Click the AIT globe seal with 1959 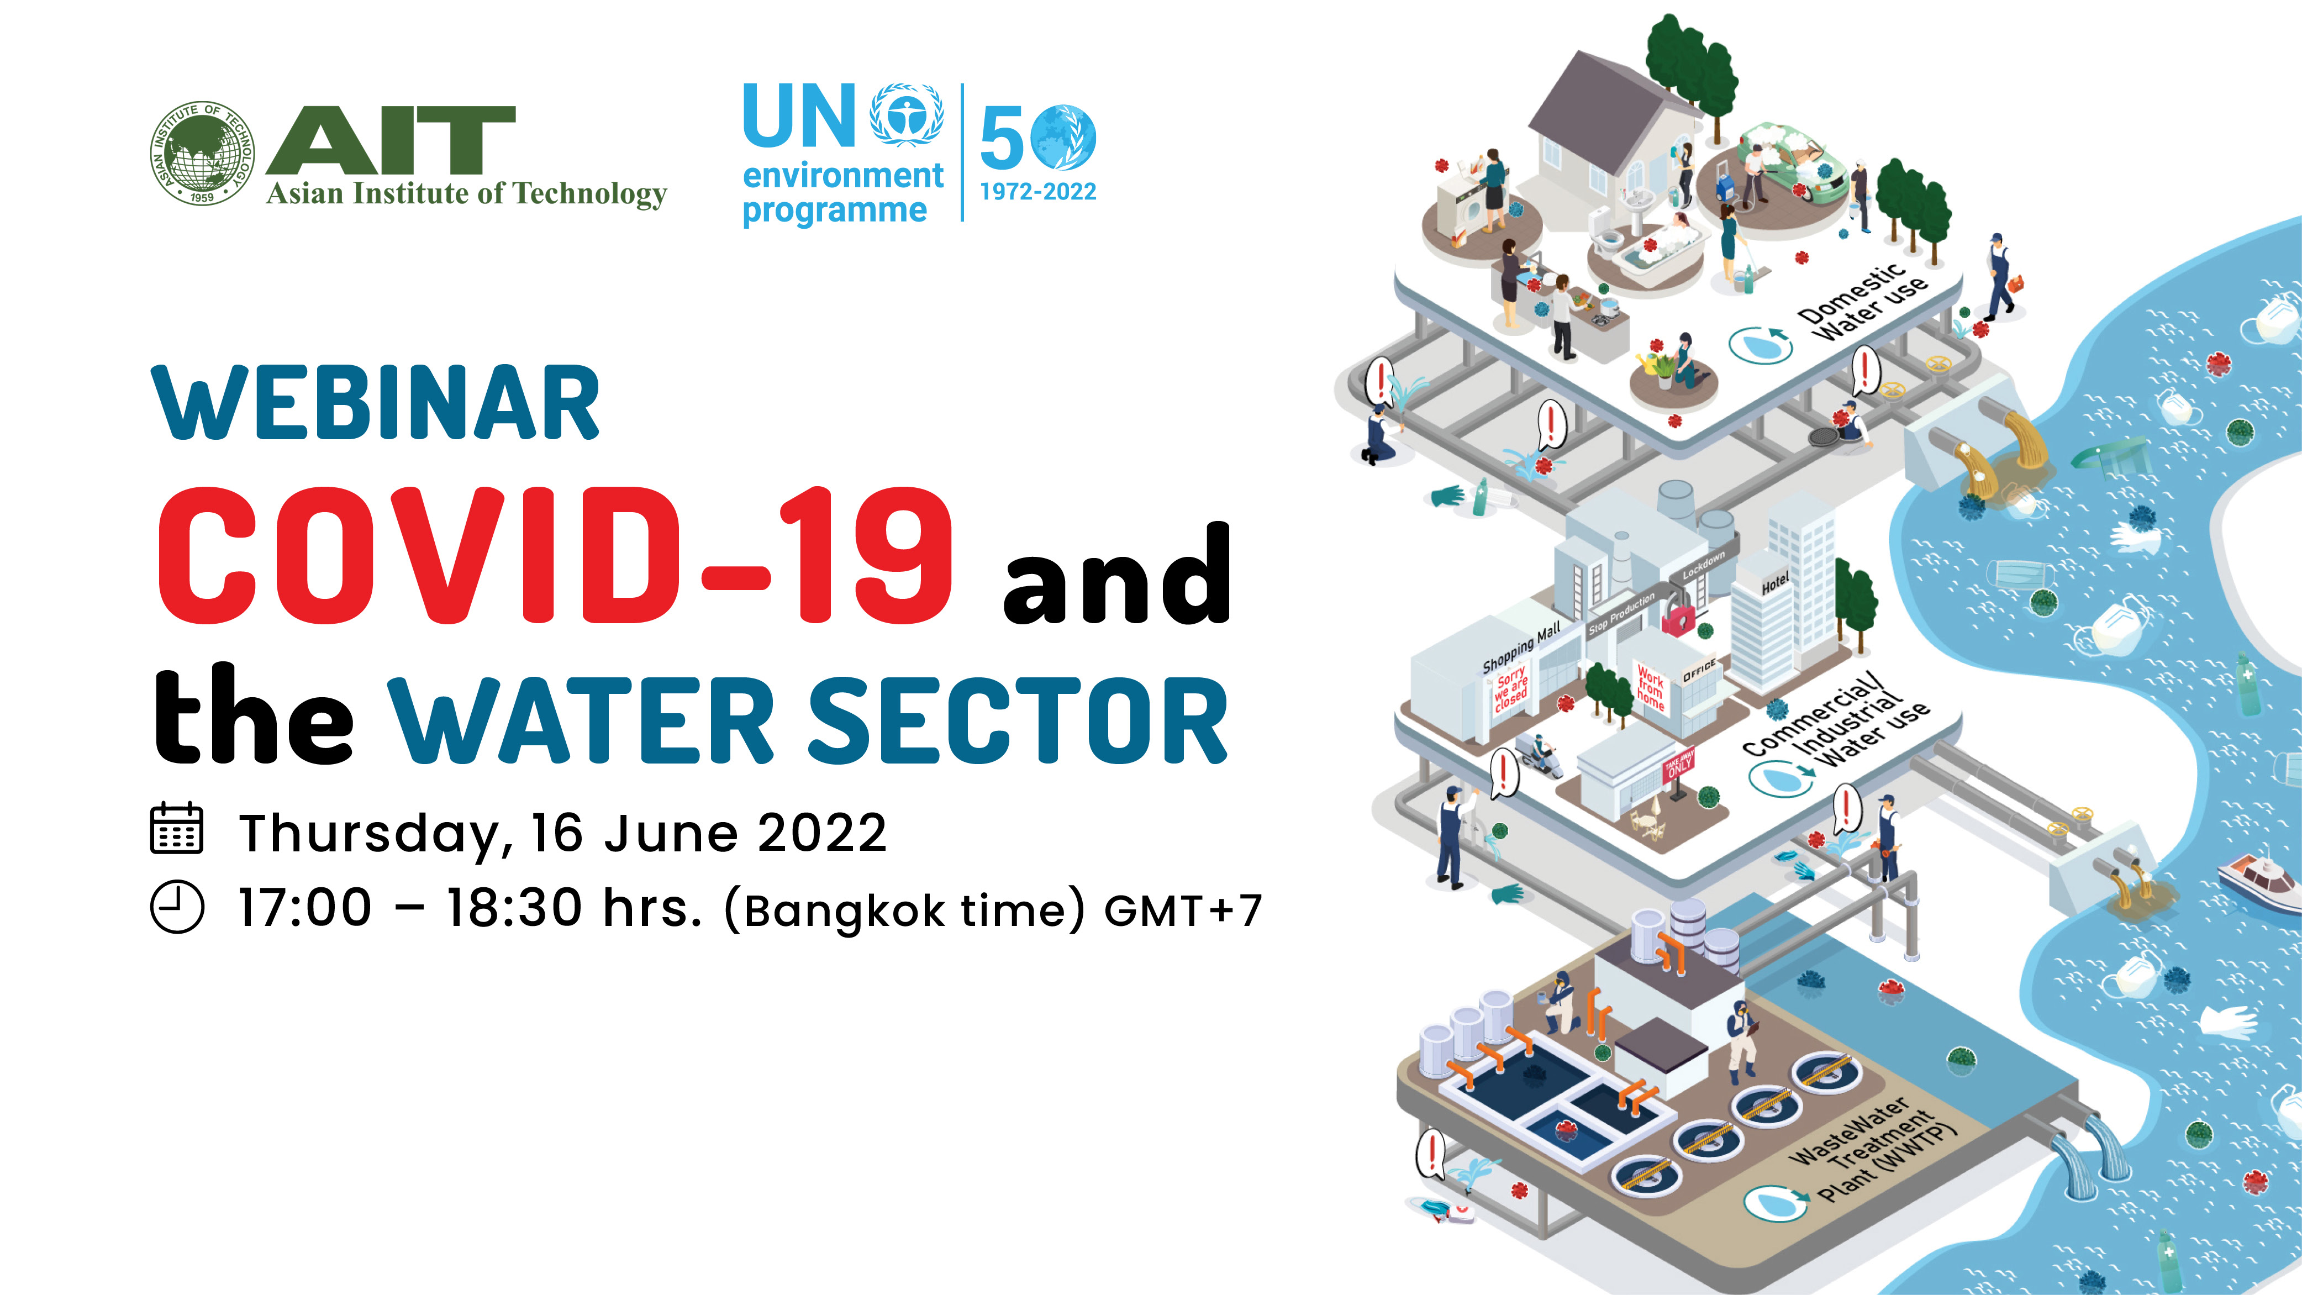[x=202, y=153]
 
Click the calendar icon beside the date [x=176, y=829]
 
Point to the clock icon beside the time [x=177, y=907]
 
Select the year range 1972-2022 [x=1037, y=191]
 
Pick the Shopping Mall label [x=1521, y=647]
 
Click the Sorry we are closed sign [x=1511, y=689]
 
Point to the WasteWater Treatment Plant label [x=1872, y=1149]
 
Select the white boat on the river [x=2259, y=880]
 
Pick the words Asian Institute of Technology [x=466, y=194]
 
